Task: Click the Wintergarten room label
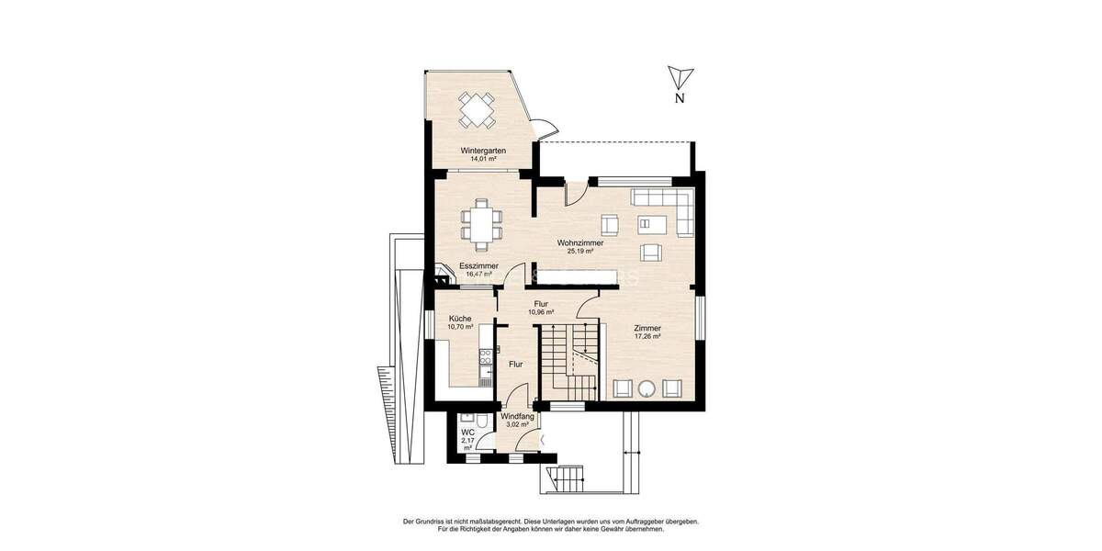[x=478, y=150]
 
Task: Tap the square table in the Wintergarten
[x=478, y=110]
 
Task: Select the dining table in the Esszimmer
[x=483, y=224]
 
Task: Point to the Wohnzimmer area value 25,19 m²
[x=579, y=251]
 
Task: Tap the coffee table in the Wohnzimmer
[x=650, y=222]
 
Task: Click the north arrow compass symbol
[x=679, y=77]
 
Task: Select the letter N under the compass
[x=679, y=98]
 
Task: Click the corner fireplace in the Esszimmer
[x=444, y=270]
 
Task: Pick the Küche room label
[x=460, y=319]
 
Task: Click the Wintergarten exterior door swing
[x=545, y=130]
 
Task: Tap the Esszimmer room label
[x=478, y=265]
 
